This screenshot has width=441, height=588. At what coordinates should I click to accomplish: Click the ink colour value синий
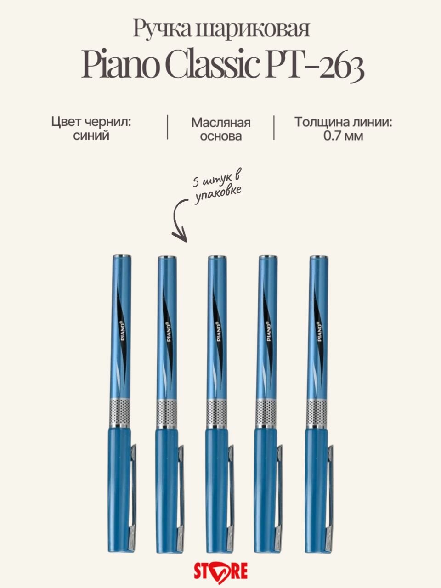[x=91, y=136]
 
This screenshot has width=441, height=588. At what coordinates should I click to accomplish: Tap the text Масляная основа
[x=221, y=129]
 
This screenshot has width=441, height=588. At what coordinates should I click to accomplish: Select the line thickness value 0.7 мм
[x=343, y=136]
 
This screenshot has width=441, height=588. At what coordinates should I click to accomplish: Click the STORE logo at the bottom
[x=220, y=571]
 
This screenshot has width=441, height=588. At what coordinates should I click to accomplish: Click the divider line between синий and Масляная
[x=167, y=127]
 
